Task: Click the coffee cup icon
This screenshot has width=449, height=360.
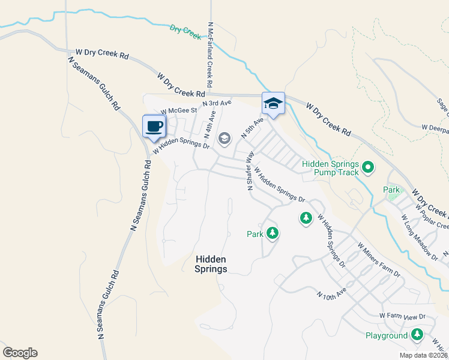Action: pos(154,126)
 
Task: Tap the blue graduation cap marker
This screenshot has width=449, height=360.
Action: pos(273,103)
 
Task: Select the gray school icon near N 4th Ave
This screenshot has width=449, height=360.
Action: pos(224,139)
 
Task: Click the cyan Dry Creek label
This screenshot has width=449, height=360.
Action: pos(185,32)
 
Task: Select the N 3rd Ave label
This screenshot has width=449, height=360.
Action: pos(217,103)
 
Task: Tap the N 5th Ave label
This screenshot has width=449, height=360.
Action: pos(252,128)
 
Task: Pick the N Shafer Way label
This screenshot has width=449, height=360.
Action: pos(250,172)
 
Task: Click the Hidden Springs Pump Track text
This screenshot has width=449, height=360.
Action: pos(330,168)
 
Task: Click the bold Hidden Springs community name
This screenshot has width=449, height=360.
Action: pos(211,264)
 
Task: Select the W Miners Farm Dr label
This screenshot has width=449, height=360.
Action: pos(378,260)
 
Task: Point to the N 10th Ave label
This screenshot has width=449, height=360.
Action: pos(332,294)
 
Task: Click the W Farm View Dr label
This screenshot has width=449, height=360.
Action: pos(402,316)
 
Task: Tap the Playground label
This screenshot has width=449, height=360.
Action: pos(387,335)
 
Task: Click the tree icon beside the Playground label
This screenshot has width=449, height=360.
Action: pos(417,335)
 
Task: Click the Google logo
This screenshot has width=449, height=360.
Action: pos(20,353)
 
